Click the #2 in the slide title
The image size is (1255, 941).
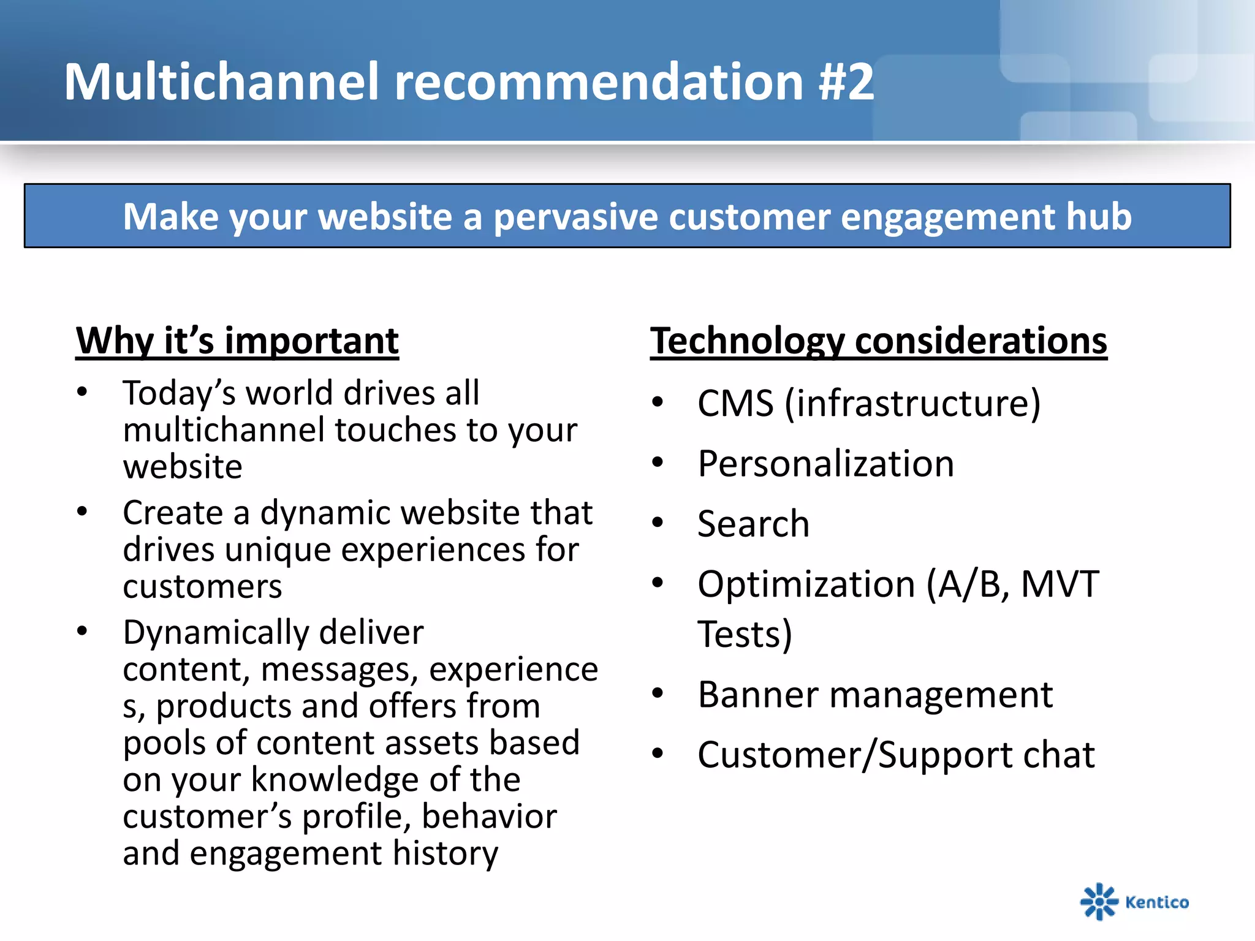(846, 83)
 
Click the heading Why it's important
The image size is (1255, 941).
(237, 341)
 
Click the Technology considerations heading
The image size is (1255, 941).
(878, 341)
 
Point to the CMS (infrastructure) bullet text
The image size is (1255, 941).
(868, 404)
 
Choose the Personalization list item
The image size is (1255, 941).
(825, 464)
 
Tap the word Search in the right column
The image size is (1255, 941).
(753, 524)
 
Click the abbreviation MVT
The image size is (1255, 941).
(1060, 584)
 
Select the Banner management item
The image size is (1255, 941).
(874, 695)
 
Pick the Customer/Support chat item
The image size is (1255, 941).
(895, 755)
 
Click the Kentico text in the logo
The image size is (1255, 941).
(1156, 902)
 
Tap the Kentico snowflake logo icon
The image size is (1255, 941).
(1099, 902)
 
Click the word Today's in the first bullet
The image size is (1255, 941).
(179, 393)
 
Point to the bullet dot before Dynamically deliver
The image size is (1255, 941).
(82, 631)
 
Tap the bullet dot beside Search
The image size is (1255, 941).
(658, 523)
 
